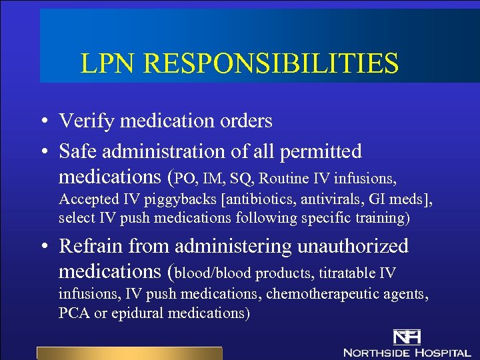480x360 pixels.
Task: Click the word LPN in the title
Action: [x=108, y=63]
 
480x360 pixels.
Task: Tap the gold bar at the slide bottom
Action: [x=129, y=353]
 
